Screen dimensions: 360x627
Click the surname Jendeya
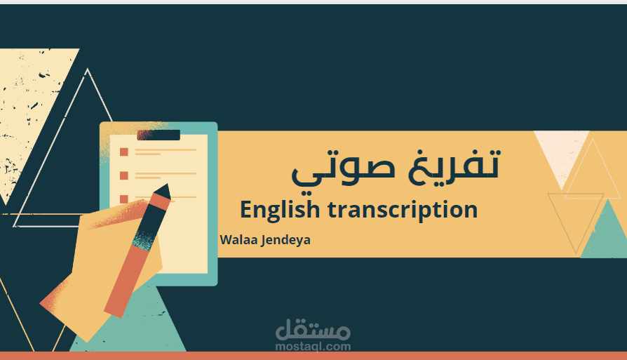[285, 240]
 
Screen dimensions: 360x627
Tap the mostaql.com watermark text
[313, 346]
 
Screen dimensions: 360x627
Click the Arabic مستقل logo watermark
[313, 328]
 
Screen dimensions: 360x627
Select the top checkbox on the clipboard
[124, 152]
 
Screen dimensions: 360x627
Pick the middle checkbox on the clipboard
[124, 175]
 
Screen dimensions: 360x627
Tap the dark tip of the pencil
[163, 191]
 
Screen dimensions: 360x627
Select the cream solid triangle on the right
[558, 151]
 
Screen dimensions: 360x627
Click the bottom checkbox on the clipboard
[124, 199]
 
